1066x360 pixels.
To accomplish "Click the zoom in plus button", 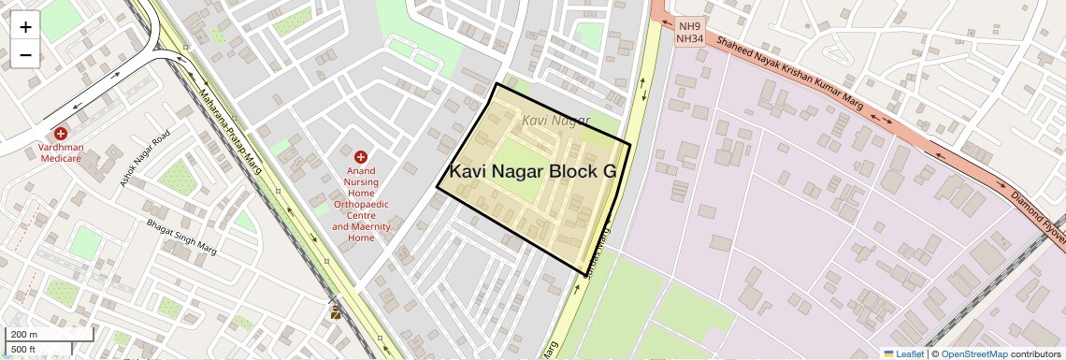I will click(x=25, y=27).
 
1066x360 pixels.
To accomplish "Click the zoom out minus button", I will click(x=25, y=55).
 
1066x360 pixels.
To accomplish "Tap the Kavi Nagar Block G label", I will click(x=532, y=172).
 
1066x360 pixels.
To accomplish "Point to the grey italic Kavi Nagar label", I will click(x=556, y=121).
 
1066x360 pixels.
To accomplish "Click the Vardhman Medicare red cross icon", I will click(x=61, y=135).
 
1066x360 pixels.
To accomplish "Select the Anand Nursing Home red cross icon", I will click(x=361, y=157).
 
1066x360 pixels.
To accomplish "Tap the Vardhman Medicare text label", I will click(x=61, y=153).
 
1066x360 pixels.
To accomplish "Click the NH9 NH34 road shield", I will click(x=690, y=33).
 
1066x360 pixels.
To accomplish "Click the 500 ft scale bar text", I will click(x=24, y=350).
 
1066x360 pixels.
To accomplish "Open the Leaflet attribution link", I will click(x=904, y=353).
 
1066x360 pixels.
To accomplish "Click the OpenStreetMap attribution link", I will click(x=973, y=353).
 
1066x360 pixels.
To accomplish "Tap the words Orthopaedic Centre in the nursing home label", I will click(x=361, y=209).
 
